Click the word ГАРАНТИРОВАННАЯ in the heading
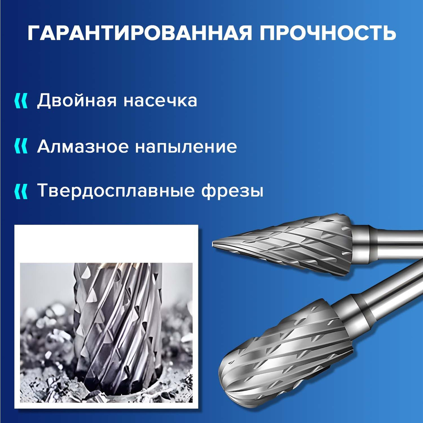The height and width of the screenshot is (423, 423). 139,33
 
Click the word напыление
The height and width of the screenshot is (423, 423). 186,147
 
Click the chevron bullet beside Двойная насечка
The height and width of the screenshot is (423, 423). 21,101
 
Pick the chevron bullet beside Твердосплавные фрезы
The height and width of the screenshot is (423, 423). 21,192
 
